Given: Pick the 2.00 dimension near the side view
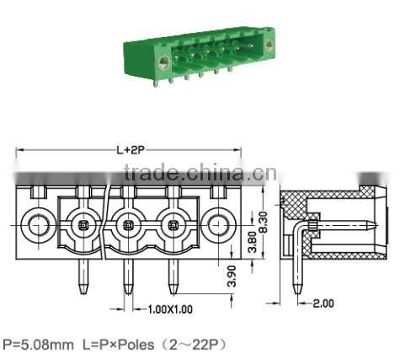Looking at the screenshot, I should coord(322,302).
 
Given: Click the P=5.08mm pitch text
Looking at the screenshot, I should coord(38,345).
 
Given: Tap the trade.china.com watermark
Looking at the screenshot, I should coord(193,175).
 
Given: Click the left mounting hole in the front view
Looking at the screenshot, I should coord(36,226).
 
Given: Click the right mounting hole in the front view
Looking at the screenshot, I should coord(217,226).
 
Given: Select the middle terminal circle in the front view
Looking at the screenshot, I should coord(127,226).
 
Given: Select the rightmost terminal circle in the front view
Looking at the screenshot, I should coord(173,226).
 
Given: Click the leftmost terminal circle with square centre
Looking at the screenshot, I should coord(83,226).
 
